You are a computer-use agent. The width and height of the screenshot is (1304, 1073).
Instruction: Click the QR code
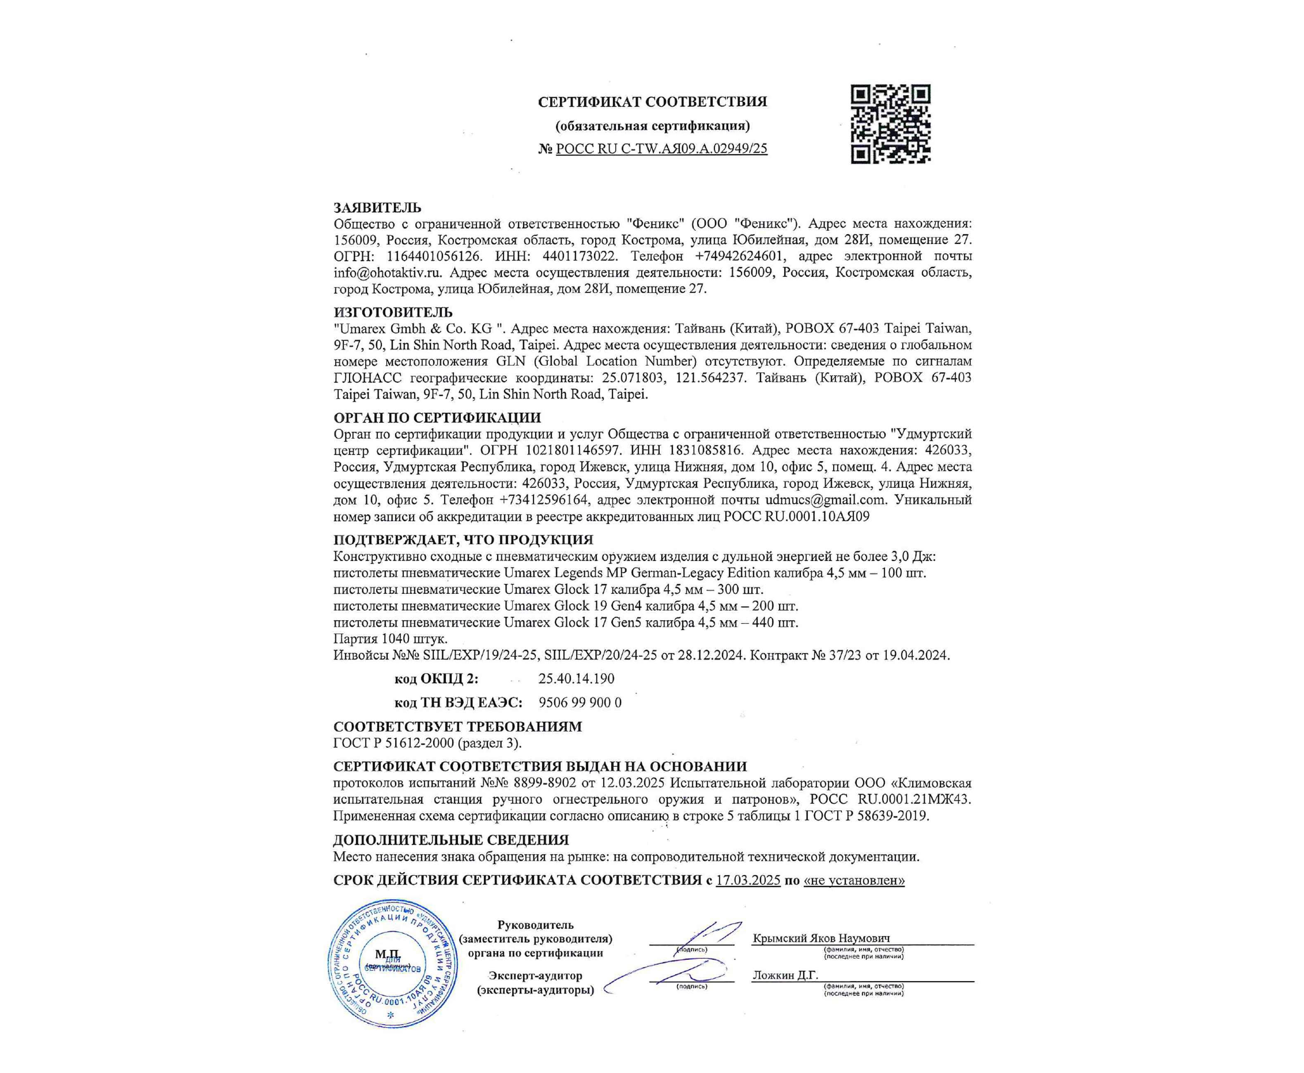890,124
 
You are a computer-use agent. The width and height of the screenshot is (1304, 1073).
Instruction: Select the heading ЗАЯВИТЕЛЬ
377,208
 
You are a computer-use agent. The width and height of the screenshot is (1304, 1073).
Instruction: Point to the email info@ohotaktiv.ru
387,272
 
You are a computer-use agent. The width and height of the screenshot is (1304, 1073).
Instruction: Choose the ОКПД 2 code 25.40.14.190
576,678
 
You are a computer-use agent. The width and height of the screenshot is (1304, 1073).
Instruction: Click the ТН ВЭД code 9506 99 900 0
580,703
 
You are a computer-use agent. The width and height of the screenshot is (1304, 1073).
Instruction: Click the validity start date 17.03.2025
748,880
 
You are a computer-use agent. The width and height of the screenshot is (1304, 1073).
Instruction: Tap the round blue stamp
392,963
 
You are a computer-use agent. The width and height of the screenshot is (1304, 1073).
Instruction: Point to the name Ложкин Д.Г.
785,975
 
